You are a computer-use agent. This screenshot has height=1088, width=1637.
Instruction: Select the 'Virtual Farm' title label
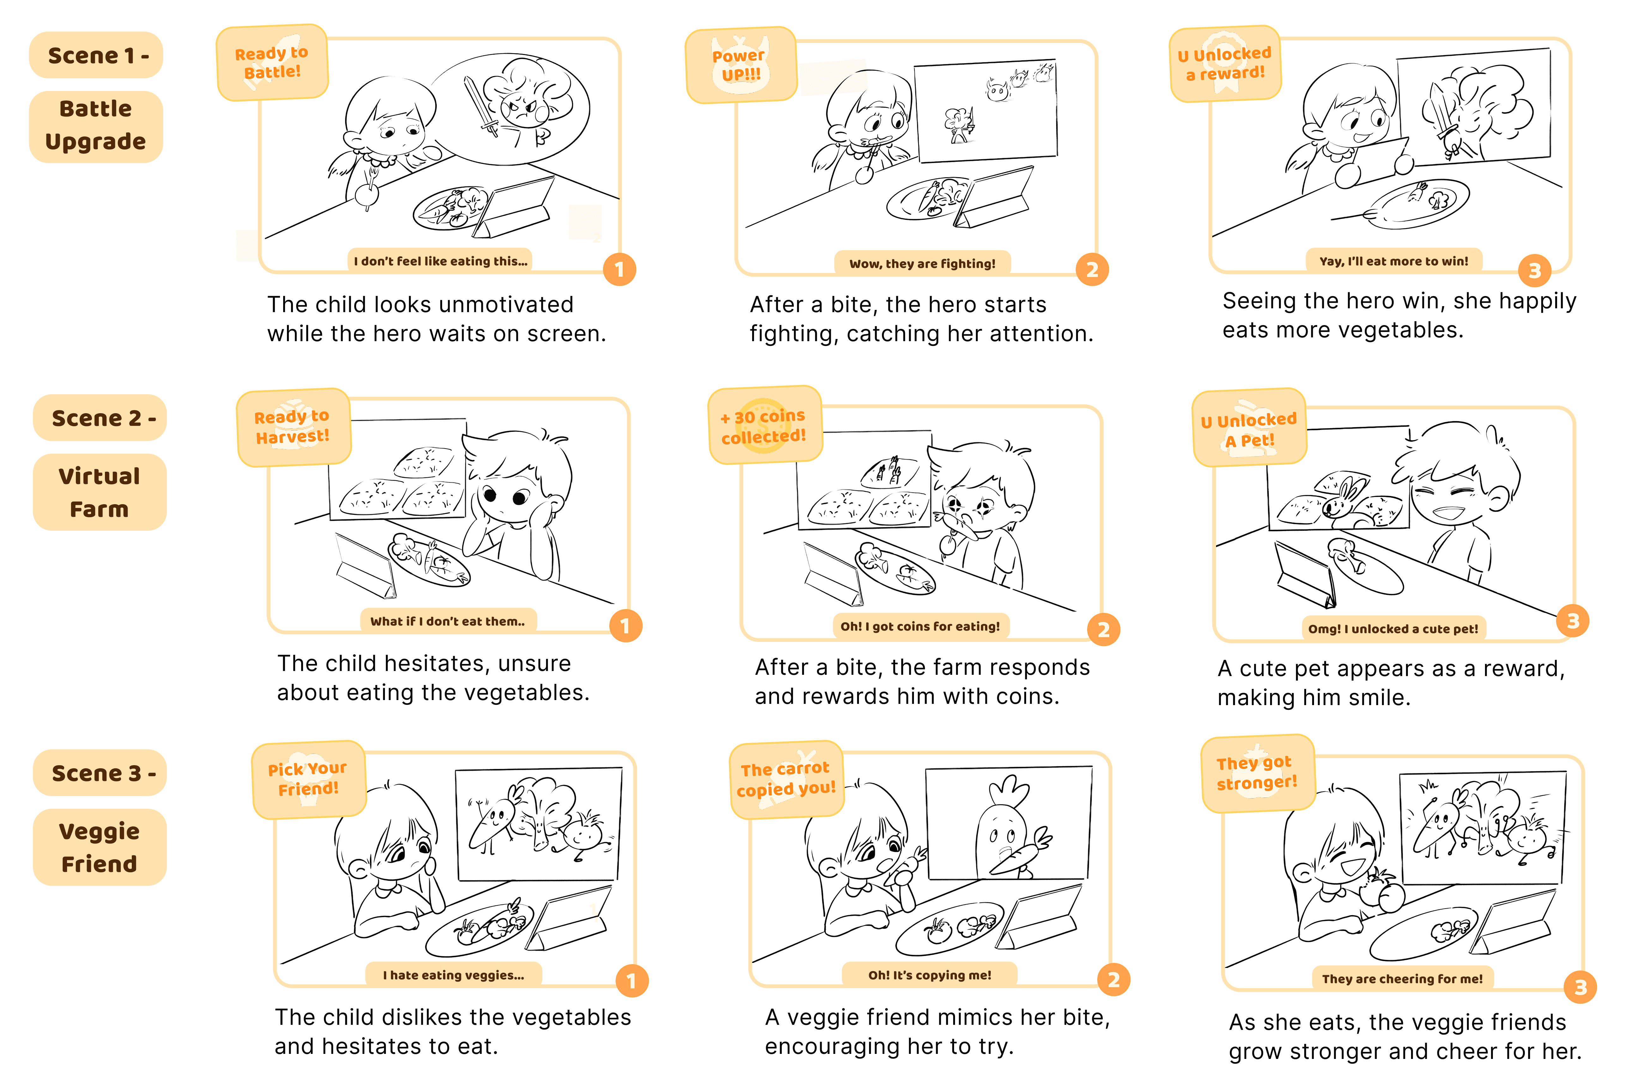coord(99,492)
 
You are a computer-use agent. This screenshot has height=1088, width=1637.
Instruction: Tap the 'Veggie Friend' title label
coord(99,847)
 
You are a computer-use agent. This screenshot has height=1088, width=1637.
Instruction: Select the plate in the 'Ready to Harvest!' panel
coord(429,561)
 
